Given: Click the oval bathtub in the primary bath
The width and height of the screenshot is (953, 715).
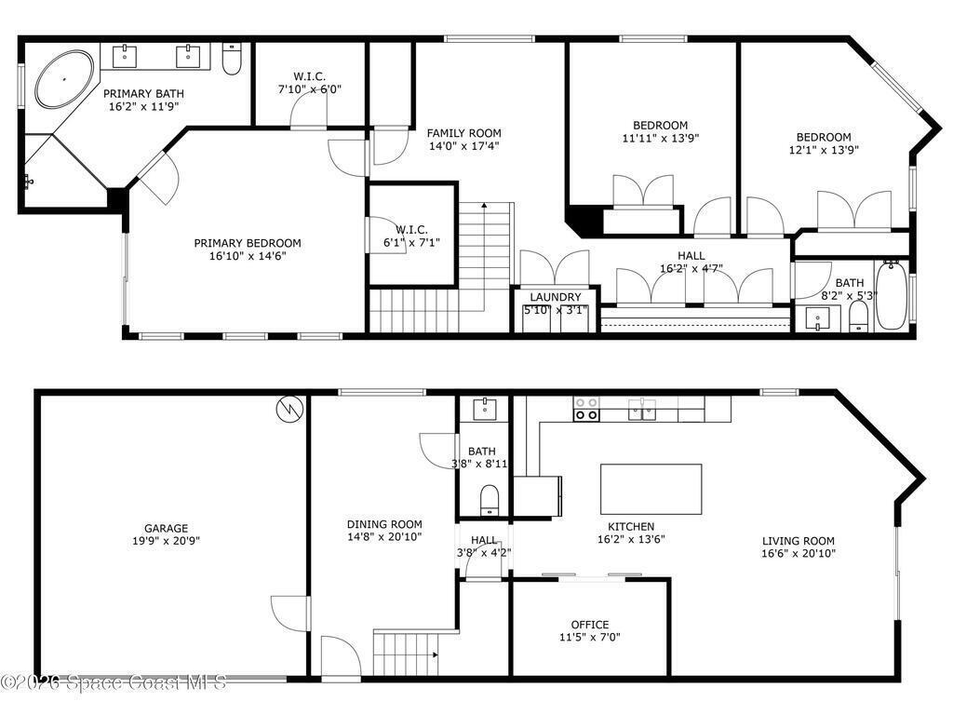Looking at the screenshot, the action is [64, 80].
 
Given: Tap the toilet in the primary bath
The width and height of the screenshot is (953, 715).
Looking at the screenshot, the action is [232, 59].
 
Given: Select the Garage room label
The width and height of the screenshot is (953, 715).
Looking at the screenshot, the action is [166, 529].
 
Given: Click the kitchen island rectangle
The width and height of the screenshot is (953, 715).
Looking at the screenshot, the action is [651, 490].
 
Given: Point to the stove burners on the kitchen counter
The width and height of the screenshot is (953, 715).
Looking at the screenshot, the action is [586, 409].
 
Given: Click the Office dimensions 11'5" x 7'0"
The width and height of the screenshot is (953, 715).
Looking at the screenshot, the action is [589, 637].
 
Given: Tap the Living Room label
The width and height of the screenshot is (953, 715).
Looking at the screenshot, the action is [798, 541].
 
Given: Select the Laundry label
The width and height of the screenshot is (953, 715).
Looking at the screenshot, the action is [556, 297].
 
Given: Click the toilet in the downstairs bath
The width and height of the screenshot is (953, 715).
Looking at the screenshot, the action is [490, 500].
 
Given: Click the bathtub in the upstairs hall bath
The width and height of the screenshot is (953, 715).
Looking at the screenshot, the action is [891, 295].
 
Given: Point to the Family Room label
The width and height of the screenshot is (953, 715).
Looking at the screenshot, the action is [463, 132].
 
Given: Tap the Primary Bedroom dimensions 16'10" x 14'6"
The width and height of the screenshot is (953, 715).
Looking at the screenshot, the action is [248, 256].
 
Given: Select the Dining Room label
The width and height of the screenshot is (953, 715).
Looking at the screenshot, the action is [384, 524].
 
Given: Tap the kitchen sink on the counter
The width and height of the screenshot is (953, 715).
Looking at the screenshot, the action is [642, 410].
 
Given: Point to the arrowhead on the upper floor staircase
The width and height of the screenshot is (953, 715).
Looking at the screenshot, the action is [484, 206].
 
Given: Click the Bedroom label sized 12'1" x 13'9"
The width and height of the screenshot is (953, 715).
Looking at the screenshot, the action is [824, 137].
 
